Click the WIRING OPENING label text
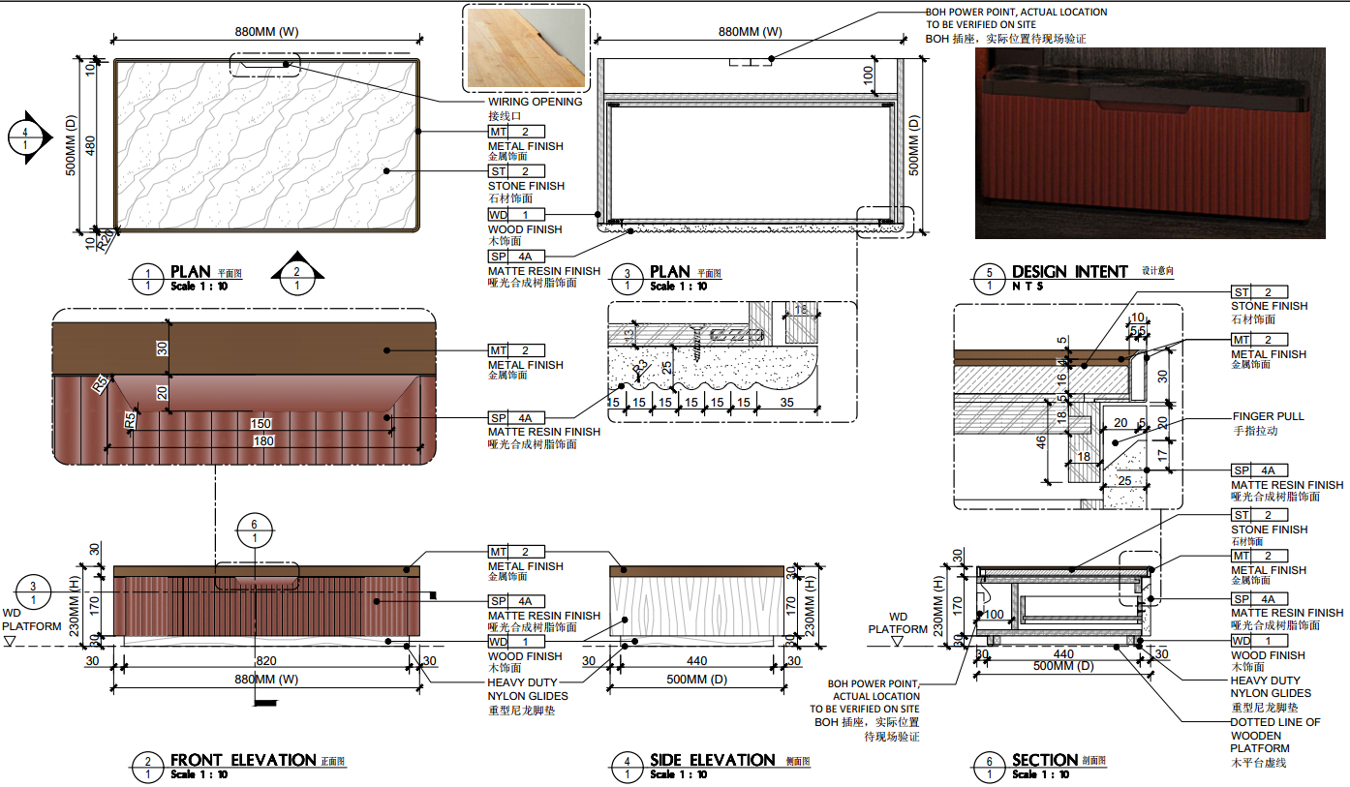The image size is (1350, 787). click(x=535, y=102)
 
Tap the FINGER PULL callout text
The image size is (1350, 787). click(x=1268, y=416)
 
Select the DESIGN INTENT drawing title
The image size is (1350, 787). click(x=1069, y=272)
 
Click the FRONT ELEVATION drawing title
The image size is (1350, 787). click(x=243, y=761)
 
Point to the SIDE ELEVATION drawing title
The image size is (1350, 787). click(x=712, y=761)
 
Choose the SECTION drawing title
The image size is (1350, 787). click(x=1045, y=761)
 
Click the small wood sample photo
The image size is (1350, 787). click(x=527, y=46)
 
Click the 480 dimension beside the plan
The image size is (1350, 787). click(x=90, y=145)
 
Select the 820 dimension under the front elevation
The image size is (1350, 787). click(x=266, y=661)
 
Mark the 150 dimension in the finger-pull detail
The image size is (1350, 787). click(x=261, y=424)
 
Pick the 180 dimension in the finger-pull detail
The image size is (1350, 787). click(x=263, y=441)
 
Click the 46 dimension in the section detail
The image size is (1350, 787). click(x=1042, y=441)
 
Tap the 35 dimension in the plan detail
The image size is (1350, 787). click(x=788, y=403)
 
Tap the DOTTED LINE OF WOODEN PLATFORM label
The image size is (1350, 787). click(x=1274, y=736)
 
